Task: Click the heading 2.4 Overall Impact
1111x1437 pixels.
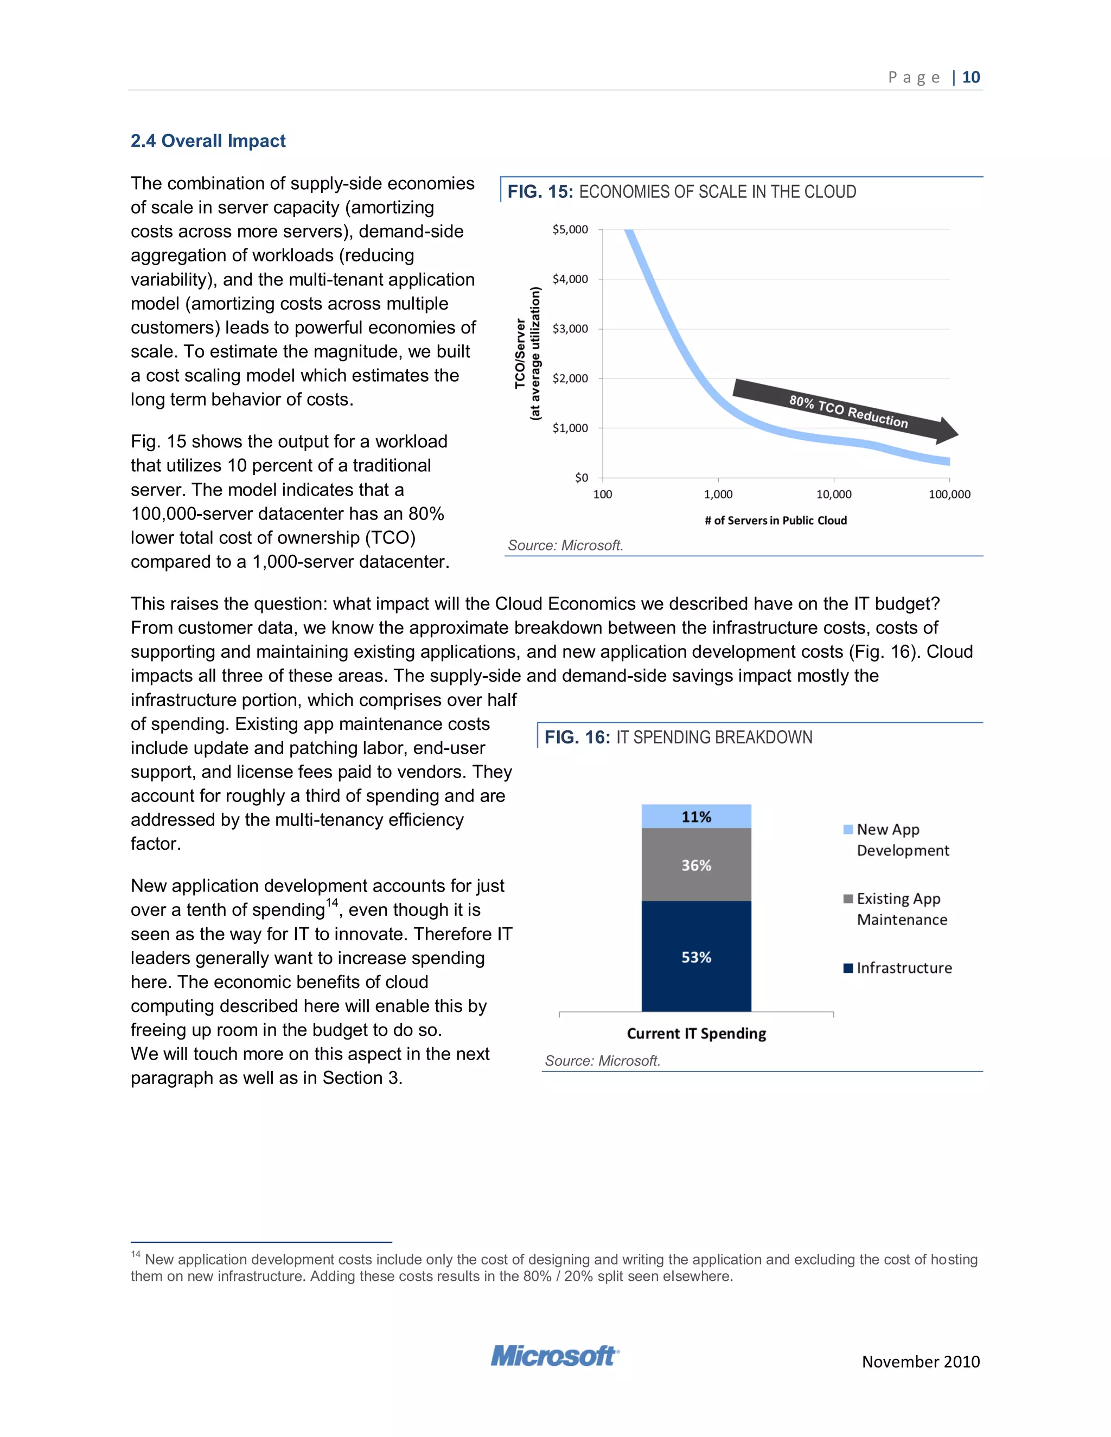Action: pos(208,141)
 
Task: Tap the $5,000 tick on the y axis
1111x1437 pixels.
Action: pos(570,229)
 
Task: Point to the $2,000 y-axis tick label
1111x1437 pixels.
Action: pos(570,379)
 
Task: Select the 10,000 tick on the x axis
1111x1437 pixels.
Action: pos(833,494)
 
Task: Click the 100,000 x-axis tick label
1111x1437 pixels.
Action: pos(949,494)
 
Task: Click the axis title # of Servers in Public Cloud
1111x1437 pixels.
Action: pos(775,521)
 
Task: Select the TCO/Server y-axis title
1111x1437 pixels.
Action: pos(527,354)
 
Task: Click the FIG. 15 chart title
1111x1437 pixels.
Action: pos(681,191)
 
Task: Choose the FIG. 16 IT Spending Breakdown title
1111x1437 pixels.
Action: pos(678,737)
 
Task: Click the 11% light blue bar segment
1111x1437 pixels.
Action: pos(697,817)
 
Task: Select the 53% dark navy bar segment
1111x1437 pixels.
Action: pos(697,957)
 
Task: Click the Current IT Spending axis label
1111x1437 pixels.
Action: pos(697,1033)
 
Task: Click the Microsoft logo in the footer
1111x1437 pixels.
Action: pos(554,1356)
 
